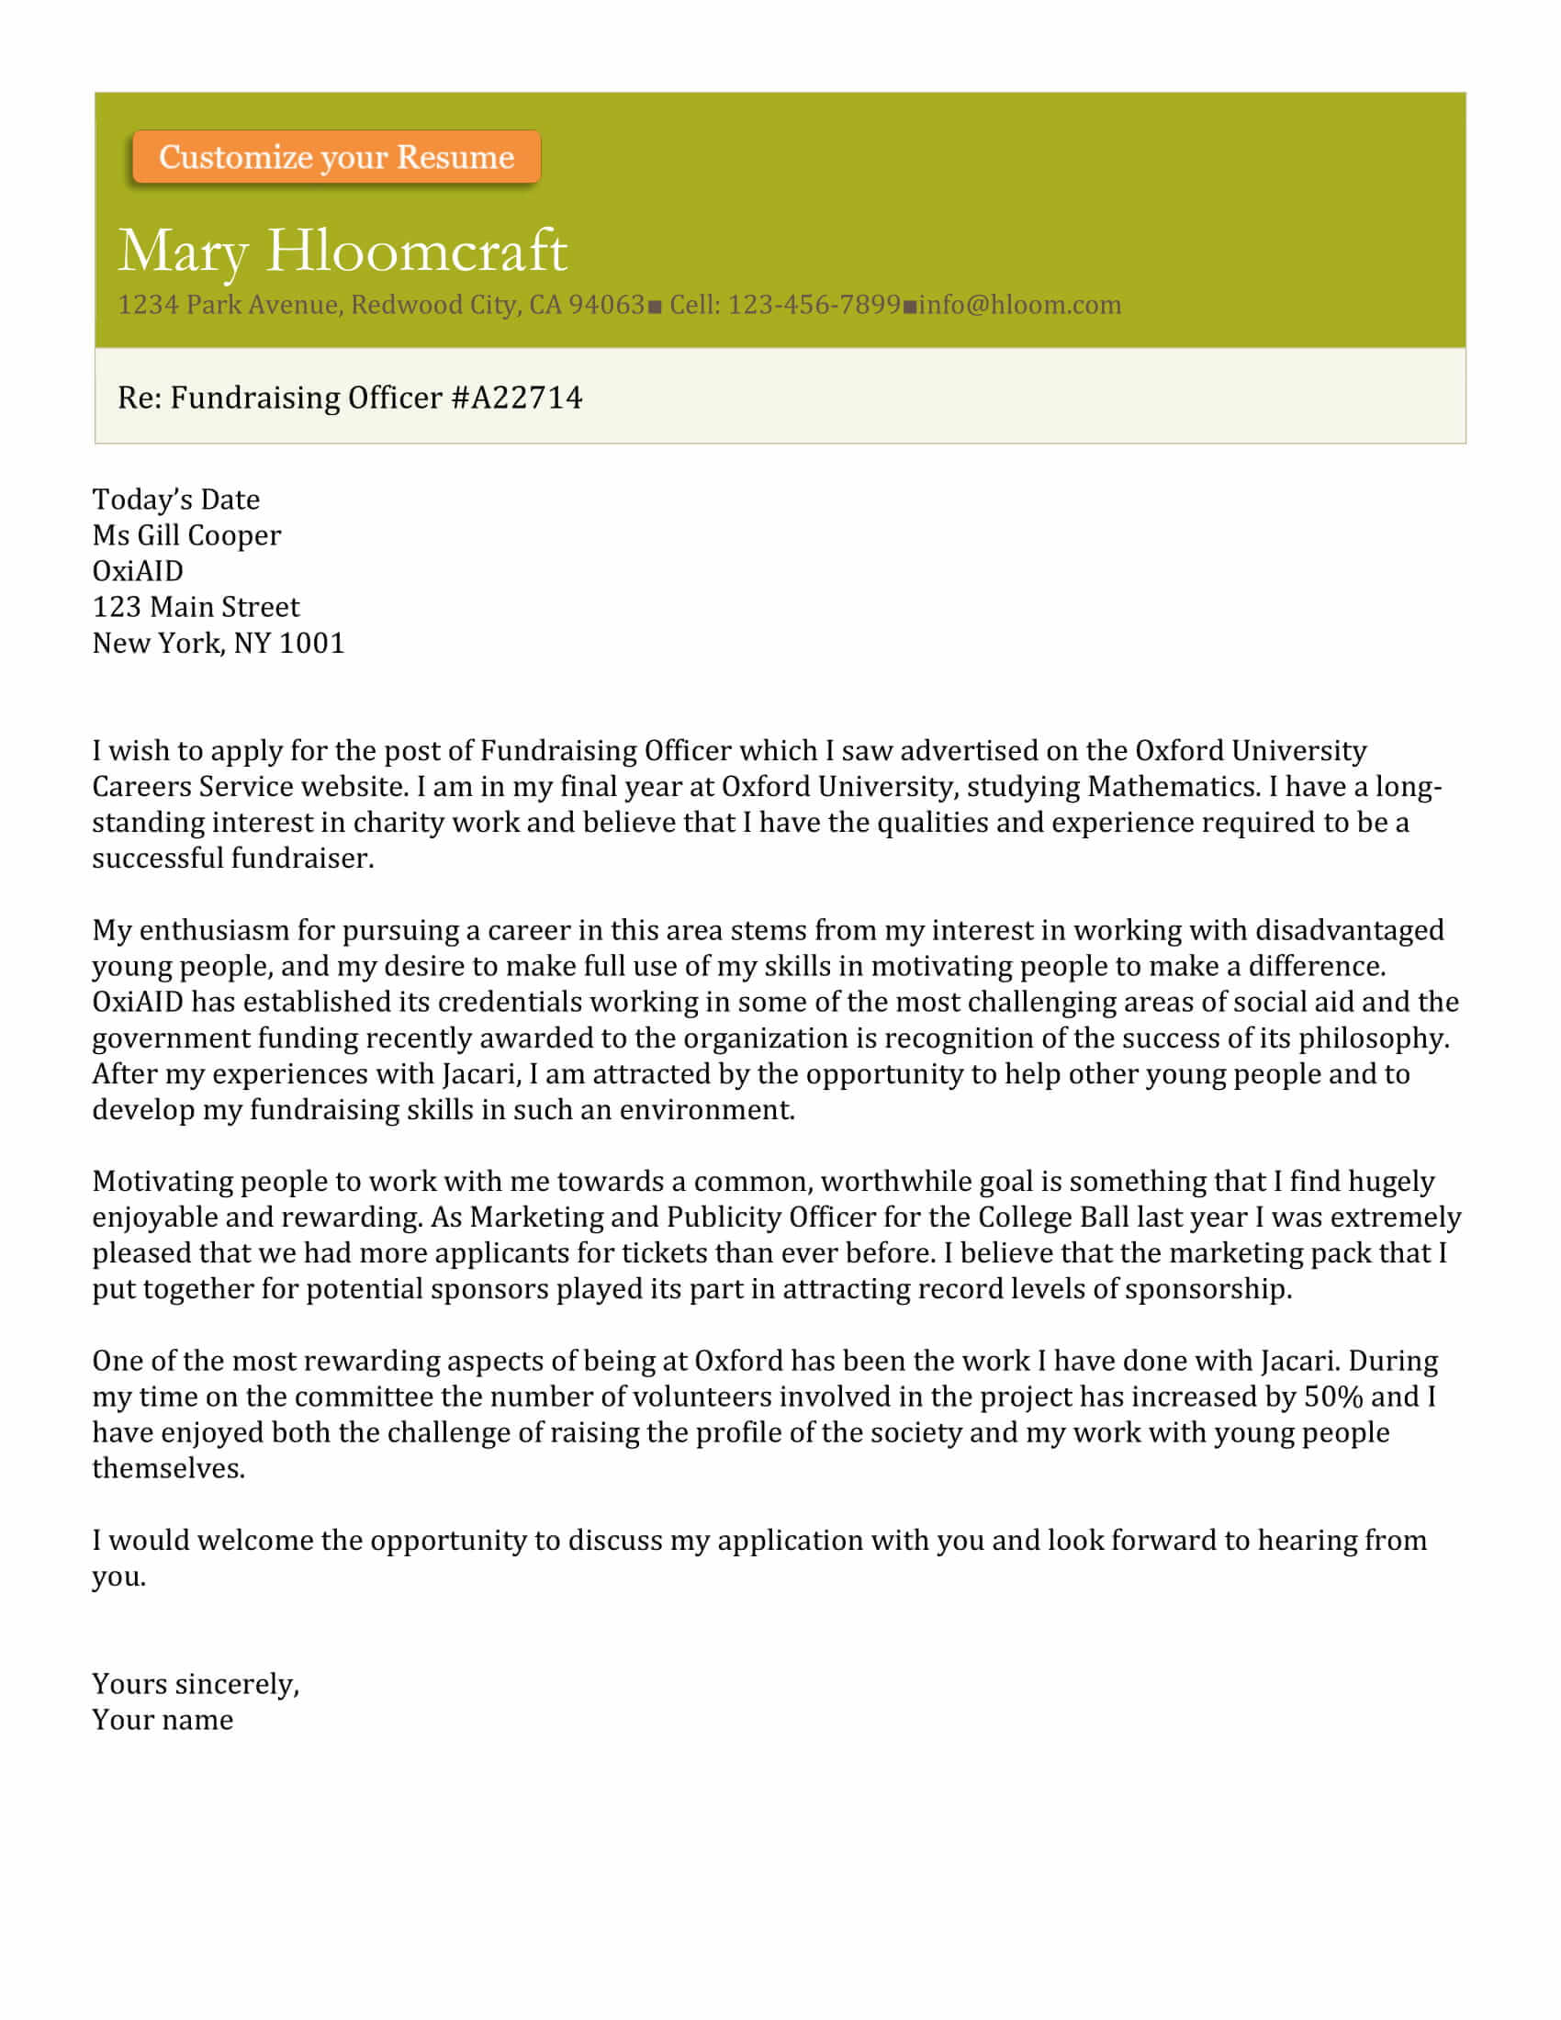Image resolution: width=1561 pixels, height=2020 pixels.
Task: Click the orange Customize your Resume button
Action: (336, 157)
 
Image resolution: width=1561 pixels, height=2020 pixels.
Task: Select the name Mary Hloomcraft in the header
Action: (343, 251)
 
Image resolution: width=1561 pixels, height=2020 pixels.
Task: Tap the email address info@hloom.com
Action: (1019, 305)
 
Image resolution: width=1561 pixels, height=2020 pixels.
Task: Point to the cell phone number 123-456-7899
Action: (814, 305)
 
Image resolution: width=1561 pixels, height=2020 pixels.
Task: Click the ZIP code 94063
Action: (606, 305)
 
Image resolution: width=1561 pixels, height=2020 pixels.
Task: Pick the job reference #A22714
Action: (517, 398)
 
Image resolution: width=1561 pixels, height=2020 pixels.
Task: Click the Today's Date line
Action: (175, 499)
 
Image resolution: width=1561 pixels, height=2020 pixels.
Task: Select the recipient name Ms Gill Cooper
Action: (185, 535)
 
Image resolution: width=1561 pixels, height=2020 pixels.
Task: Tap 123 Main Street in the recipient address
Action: (195, 608)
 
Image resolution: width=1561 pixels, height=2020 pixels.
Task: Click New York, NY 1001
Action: (219, 644)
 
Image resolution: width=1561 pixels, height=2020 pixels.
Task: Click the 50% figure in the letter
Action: (1333, 1397)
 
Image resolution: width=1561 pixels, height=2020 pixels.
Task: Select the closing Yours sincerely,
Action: (195, 1684)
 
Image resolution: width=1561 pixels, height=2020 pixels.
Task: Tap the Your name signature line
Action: (162, 1721)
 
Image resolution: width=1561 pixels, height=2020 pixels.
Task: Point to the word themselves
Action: (167, 1469)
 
